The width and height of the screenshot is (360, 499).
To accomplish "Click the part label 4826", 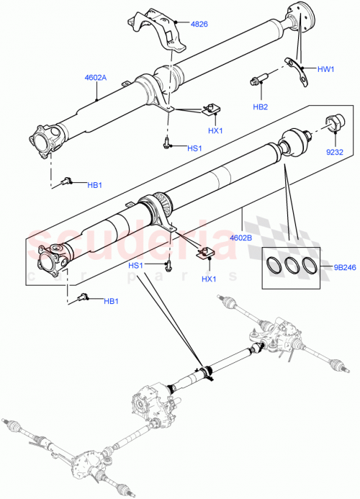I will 199,24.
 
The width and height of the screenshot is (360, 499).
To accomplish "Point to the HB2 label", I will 261,107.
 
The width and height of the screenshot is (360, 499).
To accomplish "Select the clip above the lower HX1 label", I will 207,252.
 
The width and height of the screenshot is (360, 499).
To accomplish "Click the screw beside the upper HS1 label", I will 167,143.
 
